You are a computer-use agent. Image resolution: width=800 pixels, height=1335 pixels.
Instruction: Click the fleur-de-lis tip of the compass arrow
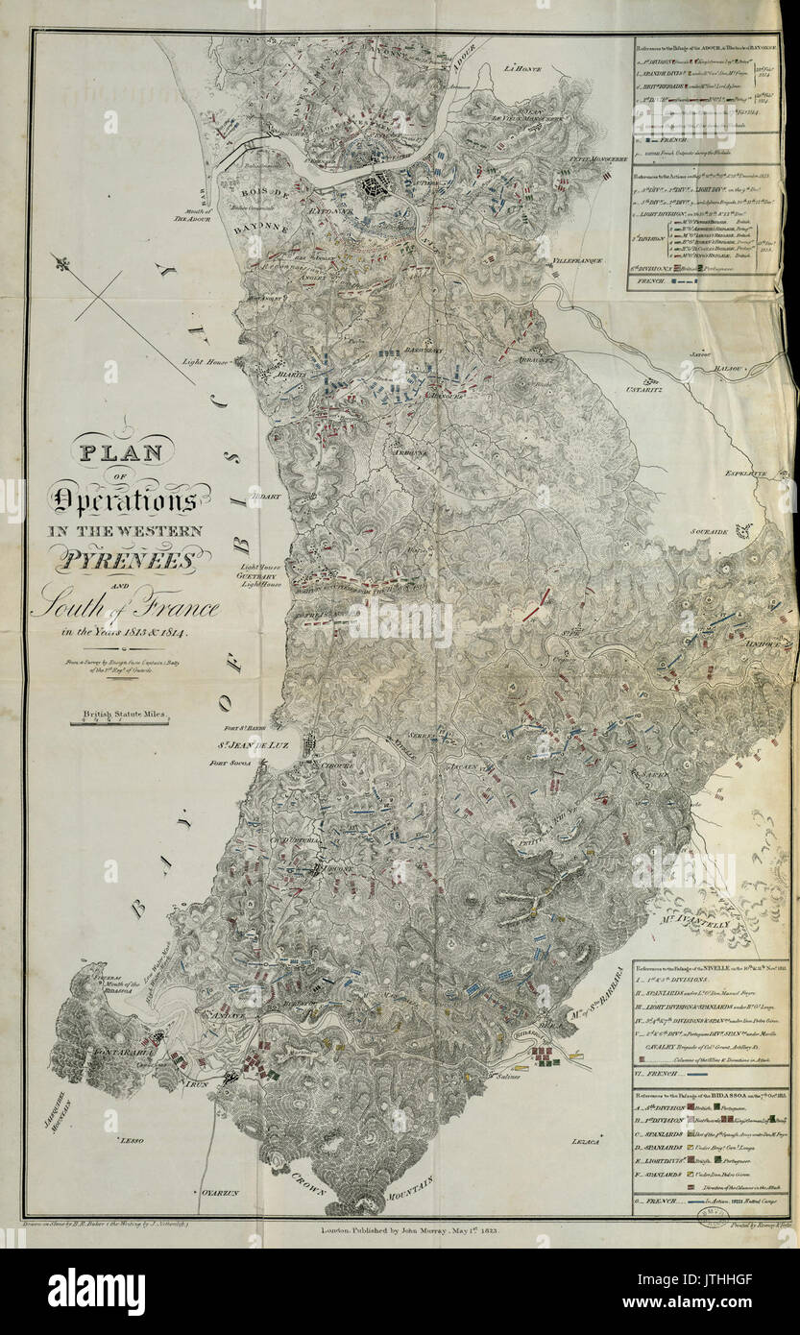coord(63,262)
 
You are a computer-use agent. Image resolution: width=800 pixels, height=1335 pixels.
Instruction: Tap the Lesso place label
coord(130,1140)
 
